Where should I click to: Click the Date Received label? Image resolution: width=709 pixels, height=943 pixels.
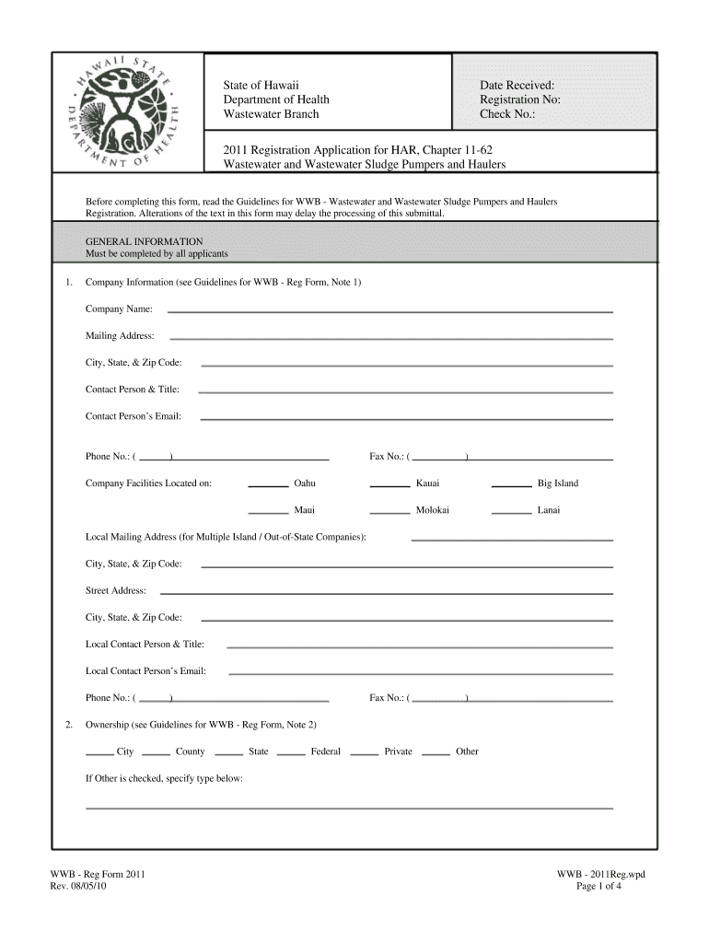pyautogui.click(x=517, y=85)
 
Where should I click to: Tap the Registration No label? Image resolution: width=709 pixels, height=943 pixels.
pyautogui.click(x=519, y=99)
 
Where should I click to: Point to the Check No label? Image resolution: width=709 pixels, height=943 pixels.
pyautogui.click(x=506, y=114)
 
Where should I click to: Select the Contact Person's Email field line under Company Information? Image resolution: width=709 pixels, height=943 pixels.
pyautogui.click(x=406, y=419)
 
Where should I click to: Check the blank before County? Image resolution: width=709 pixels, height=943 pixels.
pyautogui.click(x=156, y=753)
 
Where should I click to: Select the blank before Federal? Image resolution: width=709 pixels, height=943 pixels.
pyautogui.click(x=291, y=753)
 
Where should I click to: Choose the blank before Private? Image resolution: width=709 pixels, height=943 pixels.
pyautogui.click(x=365, y=753)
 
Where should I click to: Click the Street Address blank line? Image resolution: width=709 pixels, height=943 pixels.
pyautogui.click(x=386, y=592)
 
